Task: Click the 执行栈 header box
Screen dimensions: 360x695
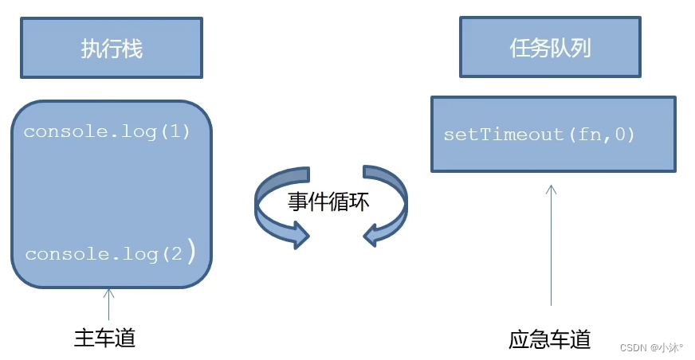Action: pos(111,49)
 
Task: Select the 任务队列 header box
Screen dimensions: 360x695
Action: pos(550,48)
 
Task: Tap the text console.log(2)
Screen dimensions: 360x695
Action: pos(110,254)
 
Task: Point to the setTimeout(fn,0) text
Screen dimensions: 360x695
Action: pos(539,135)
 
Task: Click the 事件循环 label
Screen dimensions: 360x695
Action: pos(328,202)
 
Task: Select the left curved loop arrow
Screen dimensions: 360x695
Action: pos(277,209)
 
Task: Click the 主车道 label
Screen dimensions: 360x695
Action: pos(104,338)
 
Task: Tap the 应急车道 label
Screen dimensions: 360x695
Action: pos(549,340)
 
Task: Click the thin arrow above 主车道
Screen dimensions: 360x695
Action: pos(109,303)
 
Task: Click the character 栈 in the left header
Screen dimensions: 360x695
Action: pos(132,49)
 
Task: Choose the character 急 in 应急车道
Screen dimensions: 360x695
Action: pos(539,340)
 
